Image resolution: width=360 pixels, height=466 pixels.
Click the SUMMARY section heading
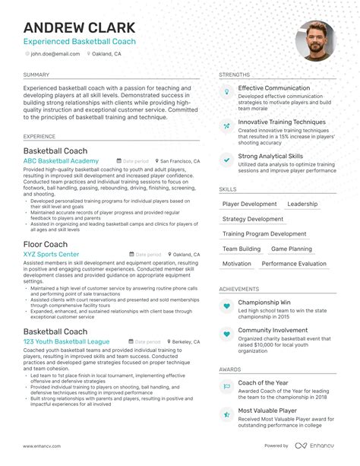36,75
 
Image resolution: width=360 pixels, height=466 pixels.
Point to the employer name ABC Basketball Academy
61,161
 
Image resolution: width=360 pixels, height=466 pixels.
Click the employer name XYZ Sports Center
51,254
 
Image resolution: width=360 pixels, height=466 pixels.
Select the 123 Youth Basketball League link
66,343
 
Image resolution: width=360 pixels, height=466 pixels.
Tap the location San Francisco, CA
180,162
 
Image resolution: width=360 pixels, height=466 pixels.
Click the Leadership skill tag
302,204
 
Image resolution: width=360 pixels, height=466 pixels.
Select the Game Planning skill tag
292,249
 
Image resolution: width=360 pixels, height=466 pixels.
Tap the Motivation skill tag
237,264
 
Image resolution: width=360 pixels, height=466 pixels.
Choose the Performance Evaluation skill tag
294,264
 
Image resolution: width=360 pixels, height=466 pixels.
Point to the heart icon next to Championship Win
226,306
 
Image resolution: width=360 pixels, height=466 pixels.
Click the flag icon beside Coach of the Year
226,385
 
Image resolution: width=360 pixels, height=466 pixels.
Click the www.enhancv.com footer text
45,445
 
